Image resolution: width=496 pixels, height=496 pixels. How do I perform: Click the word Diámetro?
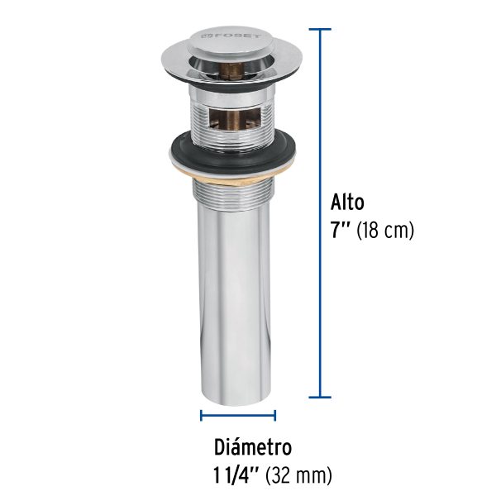pyautogui.click(x=253, y=448)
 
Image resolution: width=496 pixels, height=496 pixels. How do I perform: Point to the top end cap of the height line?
pyautogui.click(x=320, y=29)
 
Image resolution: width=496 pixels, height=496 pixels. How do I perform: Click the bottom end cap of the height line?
pyautogui.click(x=320, y=397)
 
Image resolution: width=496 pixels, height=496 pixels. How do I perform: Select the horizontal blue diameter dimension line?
pyautogui.click(x=238, y=416)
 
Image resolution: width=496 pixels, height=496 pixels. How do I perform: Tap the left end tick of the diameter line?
pyautogui.click(x=201, y=416)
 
